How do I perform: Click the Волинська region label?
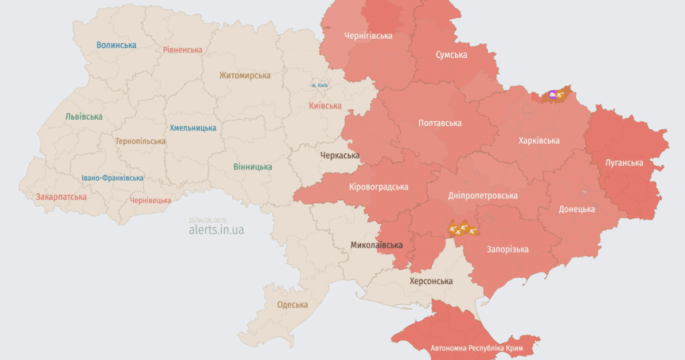[x=116, y=46]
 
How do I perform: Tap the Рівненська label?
[x=183, y=50]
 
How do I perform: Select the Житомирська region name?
[x=245, y=76]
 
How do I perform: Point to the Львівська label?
[x=84, y=117]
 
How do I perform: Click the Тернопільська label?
[x=140, y=142]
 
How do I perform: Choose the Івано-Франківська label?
[x=112, y=179]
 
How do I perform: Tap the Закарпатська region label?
[x=61, y=197]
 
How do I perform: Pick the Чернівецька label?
[x=151, y=201]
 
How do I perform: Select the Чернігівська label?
[x=368, y=35]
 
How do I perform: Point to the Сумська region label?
[x=452, y=55]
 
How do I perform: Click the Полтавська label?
[x=440, y=124]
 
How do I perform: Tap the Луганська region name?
[x=624, y=163]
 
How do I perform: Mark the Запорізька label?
[x=507, y=250]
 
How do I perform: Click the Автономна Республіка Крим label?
[x=476, y=349]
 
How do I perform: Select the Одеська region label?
[x=292, y=305]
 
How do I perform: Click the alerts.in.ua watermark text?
[x=216, y=230]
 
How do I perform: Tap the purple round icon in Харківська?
[x=553, y=96]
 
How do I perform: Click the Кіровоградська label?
[x=379, y=187]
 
